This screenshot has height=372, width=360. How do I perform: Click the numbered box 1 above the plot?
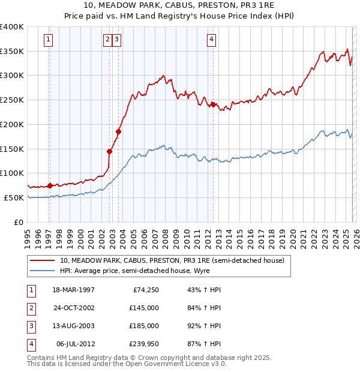(x=48, y=40)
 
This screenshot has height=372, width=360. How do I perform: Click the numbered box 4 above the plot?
(x=212, y=40)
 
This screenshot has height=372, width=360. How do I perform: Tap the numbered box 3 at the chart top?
(x=116, y=40)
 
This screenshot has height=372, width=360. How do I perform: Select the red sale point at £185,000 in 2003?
(x=119, y=131)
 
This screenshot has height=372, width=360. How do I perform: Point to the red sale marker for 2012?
(x=213, y=104)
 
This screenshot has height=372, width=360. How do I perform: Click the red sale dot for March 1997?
(x=50, y=185)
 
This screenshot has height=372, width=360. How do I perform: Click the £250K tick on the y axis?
(x=11, y=100)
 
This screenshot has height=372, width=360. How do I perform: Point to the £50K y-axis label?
(x=14, y=197)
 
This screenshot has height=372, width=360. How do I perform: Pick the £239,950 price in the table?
(x=144, y=344)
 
